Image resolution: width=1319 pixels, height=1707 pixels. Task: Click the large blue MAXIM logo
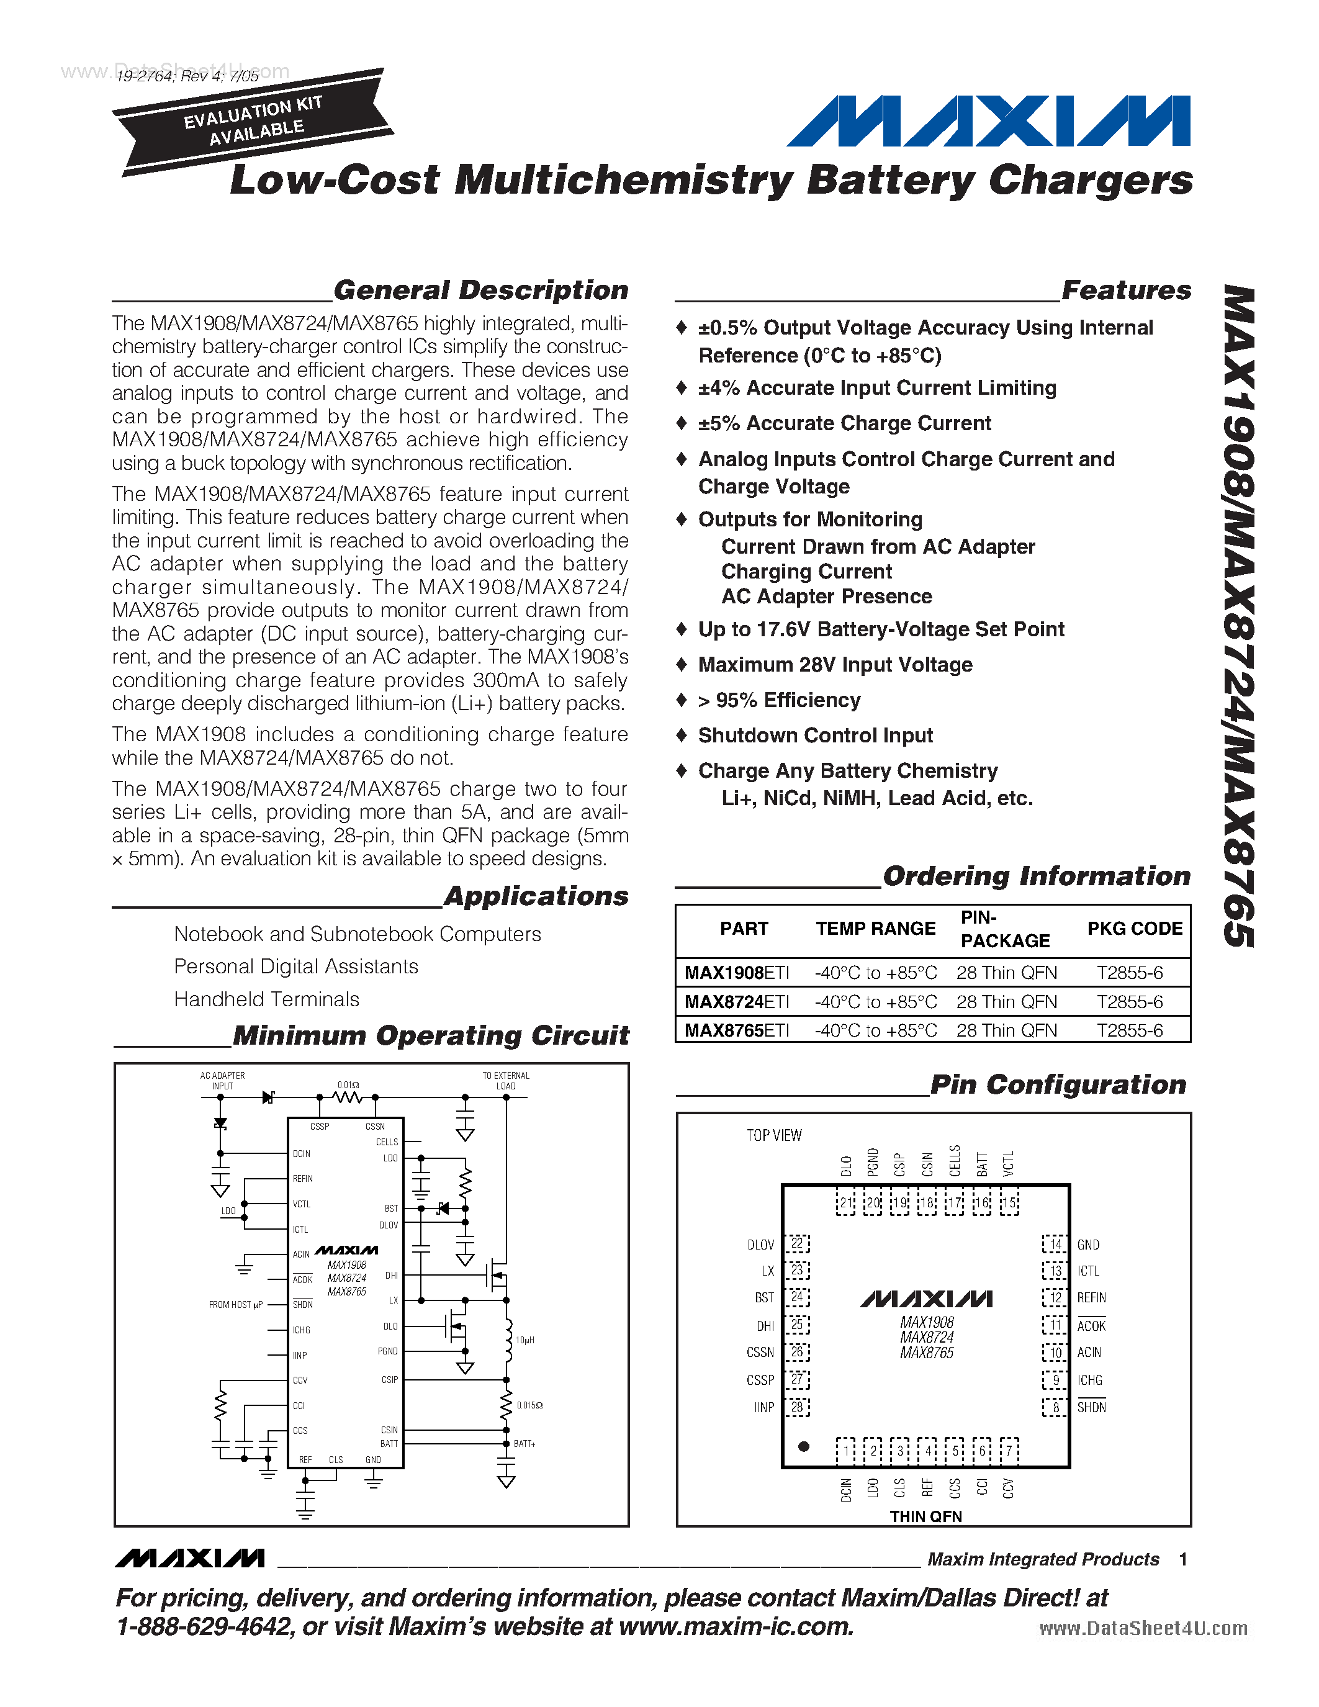(988, 121)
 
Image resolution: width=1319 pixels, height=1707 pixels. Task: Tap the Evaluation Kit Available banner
(251, 121)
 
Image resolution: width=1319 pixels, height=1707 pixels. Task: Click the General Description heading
(480, 290)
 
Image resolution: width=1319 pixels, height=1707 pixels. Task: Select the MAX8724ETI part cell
(737, 1001)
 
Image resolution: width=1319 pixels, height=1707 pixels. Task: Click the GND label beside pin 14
(1087, 1245)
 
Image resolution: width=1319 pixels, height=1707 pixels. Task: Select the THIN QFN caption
(925, 1516)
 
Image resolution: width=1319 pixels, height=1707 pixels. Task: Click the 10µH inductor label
(525, 1340)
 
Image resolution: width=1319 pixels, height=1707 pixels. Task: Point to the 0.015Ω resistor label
(530, 1405)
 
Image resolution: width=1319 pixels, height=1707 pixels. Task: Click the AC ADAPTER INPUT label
(222, 1080)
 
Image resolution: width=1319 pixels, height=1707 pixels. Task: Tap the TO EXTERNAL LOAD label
(505, 1080)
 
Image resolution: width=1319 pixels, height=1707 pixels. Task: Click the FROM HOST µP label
(235, 1305)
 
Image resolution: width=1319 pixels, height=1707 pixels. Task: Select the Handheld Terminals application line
(266, 999)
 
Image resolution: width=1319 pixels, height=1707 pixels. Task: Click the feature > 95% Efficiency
(779, 700)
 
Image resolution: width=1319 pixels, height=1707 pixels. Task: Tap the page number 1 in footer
(1183, 1559)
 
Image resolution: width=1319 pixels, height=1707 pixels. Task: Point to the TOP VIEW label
(773, 1135)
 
